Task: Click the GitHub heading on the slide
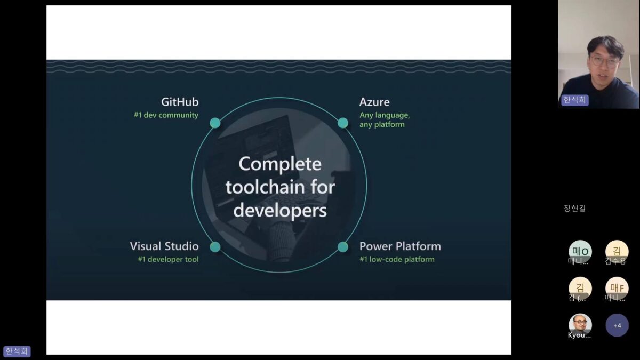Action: click(x=180, y=102)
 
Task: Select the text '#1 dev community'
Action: click(x=166, y=115)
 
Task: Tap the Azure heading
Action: click(x=374, y=102)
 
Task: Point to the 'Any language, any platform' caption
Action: click(x=384, y=120)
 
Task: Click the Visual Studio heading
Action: click(x=164, y=246)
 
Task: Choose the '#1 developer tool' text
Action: click(x=168, y=260)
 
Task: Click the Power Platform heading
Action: click(x=400, y=246)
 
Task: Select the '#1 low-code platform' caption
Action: click(x=397, y=260)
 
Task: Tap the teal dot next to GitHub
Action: click(x=215, y=123)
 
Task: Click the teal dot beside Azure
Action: click(x=343, y=123)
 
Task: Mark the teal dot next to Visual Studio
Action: click(x=215, y=247)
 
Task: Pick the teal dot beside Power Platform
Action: click(x=343, y=247)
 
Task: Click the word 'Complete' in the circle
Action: click(x=280, y=164)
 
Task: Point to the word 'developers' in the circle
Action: click(x=280, y=210)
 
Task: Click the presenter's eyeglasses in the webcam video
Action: click(x=605, y=62)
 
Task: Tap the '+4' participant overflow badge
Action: click(x=617, y=325)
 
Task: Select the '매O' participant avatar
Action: click(x=580, y=251)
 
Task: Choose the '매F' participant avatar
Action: click(x=617, y=288)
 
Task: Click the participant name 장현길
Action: click(x=574, y=209)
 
